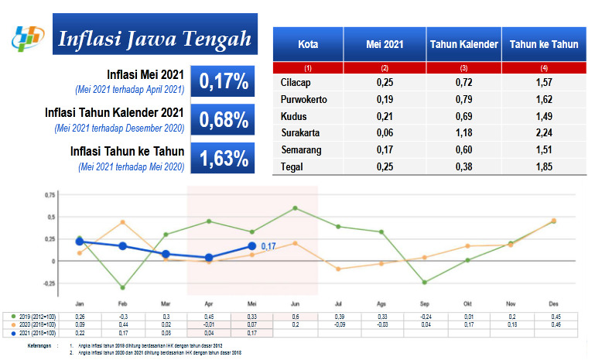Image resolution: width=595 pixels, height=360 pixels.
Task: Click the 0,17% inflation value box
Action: click(224, 81)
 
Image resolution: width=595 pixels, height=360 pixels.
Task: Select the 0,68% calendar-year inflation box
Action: click(224, 120)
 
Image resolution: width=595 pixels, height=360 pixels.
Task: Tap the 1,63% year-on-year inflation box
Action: click(224, 159)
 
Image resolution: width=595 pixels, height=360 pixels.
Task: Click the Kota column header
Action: click(308, 45)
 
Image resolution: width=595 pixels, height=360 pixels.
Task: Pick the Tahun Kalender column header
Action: click(463, 45)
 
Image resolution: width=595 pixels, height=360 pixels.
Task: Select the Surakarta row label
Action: click(299, 132)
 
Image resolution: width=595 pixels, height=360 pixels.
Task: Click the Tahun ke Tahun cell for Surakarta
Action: click(544, 132)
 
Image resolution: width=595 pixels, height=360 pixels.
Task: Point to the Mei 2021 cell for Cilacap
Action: click(385, 81)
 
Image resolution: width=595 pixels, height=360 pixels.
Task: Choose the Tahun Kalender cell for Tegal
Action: click(463, 166)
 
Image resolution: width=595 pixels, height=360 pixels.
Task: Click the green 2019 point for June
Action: click(296, 208)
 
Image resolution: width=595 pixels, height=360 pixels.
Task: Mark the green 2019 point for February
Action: click(122, 287)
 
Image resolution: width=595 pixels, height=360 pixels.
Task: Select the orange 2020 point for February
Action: click(122, 222)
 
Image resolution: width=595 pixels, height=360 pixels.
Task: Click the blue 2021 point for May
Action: click(252, 246)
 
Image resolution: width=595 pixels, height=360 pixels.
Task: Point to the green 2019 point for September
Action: click(425, 282)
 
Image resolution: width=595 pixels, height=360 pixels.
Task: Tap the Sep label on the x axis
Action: click(425, 303)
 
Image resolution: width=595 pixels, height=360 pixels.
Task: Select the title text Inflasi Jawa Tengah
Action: click(155, 38)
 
